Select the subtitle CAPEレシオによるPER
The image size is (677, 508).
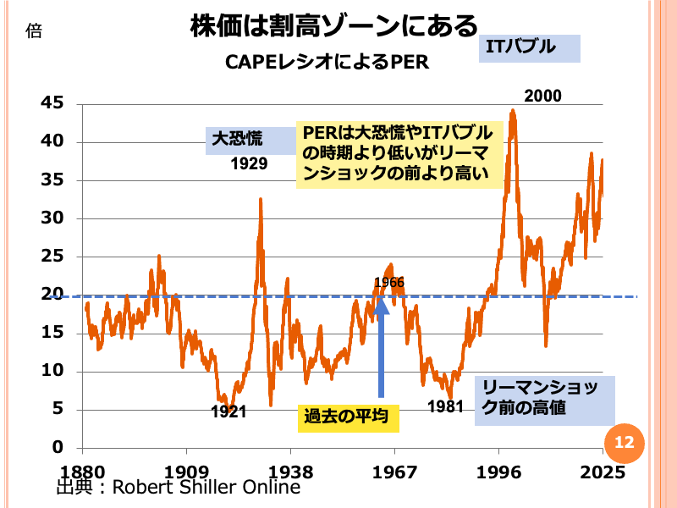click(x=327, y=62)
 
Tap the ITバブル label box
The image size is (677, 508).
click(x=530, y=47)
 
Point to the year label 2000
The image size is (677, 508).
click(x=542, y=96)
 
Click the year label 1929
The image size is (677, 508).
click(x=249, y=163)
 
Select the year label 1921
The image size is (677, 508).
click(x=228, y=411)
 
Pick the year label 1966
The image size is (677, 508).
click(x=389, y=282)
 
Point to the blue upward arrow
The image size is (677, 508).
click(x=381, y=347)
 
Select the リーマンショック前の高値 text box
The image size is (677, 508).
click(x=544, y=399)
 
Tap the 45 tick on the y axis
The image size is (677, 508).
click(x=52, y=103)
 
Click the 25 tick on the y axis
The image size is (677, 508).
click(x=52, y=257)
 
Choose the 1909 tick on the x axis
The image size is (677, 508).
click(x=187, y=472)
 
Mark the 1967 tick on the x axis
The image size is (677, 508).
click(x=394, y=472)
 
